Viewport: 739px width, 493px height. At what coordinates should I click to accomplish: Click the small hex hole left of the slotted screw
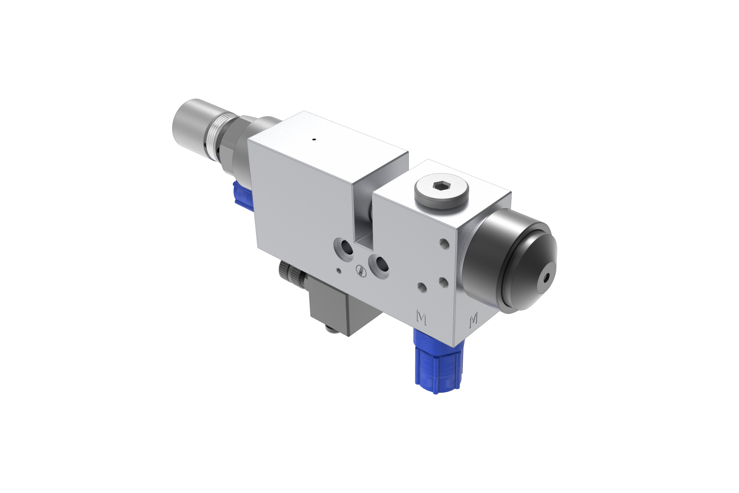[x=338, y=270]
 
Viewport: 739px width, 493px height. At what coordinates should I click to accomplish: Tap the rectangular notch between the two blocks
[x=363, y=216]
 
